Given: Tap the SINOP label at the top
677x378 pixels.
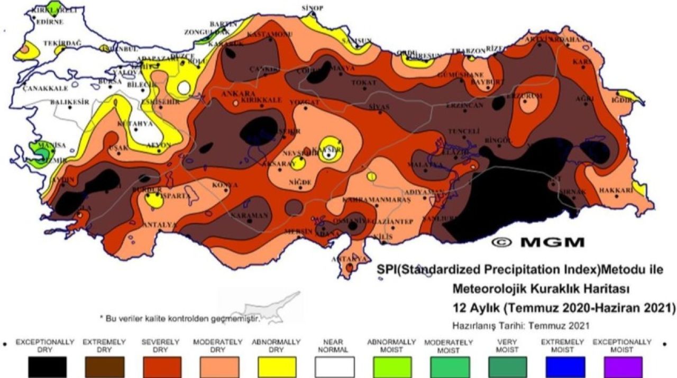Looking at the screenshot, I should [x=312, y=7].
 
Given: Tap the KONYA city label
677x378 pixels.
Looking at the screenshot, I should [x=225, y=185].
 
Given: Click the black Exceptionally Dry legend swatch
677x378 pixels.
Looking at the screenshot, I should [x=48, y=366].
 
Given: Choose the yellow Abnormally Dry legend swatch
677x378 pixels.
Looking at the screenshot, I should [x=277, y=366].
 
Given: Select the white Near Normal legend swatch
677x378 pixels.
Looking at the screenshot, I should [x=334, y=366].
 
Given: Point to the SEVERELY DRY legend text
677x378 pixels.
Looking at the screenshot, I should [x=162, y=346].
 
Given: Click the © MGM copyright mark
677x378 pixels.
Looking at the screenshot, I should [x=538, y=242].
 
